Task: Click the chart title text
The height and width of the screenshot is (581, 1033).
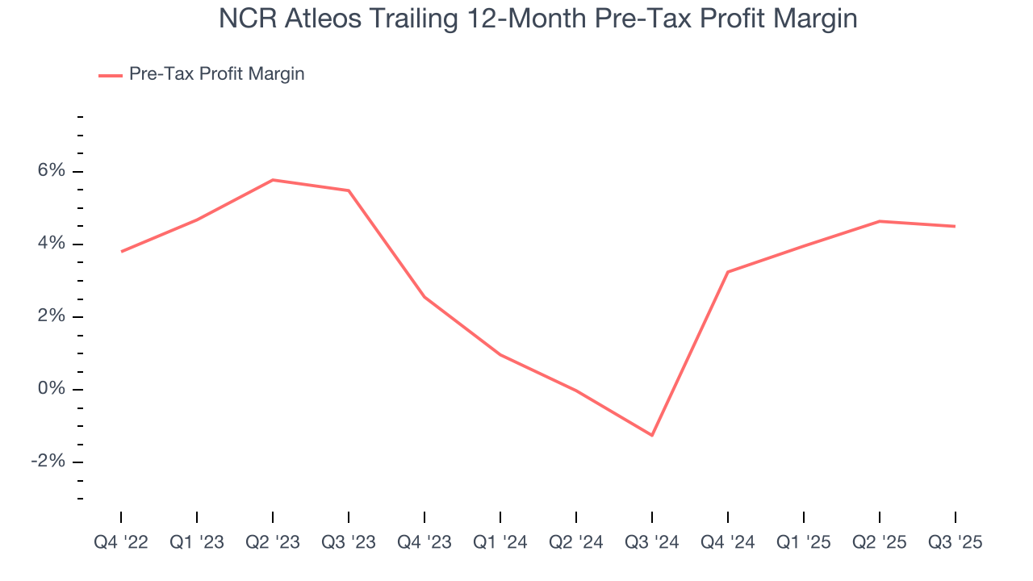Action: [x=537, y=19]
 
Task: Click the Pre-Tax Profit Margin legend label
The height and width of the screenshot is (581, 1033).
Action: [x=216, y=74]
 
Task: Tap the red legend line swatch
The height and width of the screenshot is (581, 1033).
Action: [x=110, y=75]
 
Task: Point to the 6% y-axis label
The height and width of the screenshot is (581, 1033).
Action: [x=49, y=171]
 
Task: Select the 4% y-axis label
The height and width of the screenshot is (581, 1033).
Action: [x=49, y=244]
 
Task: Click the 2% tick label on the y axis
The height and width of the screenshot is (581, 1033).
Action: [x=49, y=316]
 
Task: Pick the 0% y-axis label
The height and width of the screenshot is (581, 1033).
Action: [x=49, y=389]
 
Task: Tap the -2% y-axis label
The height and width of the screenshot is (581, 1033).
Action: [x=47, y=462]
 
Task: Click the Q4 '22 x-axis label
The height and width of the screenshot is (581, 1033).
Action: [x=121, y=542]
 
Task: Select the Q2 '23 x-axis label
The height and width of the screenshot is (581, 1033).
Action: [x=273, y=542]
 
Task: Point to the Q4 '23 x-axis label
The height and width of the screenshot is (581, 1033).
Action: [x=424, y=542]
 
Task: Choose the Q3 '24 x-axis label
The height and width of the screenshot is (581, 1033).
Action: [x=652, y=542]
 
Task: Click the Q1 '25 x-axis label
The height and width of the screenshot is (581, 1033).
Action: [x=804, y=542]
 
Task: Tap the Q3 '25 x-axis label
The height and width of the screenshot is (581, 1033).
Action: [x=956, y=542]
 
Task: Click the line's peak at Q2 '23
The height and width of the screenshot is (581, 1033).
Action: [x=273, y=180]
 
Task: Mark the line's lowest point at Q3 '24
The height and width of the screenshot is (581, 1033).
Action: [x=652, y=436]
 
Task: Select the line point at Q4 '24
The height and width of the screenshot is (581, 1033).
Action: [x=728, y=272]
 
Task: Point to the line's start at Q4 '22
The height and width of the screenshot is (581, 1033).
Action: [x=121, y=252]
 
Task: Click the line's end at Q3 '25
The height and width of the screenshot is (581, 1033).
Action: [x=956, y=226]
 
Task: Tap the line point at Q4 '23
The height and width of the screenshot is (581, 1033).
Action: [x=424, y=297]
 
